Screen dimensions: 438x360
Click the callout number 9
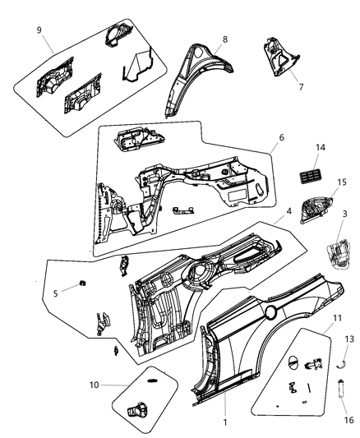click(x=39, y=31)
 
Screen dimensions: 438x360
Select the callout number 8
click(x=224, y=38)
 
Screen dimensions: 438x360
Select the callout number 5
click(x=55, y=293)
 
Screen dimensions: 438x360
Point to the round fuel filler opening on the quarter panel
click(x=270, y=311)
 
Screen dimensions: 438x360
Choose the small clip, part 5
click(x=84, y=285)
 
